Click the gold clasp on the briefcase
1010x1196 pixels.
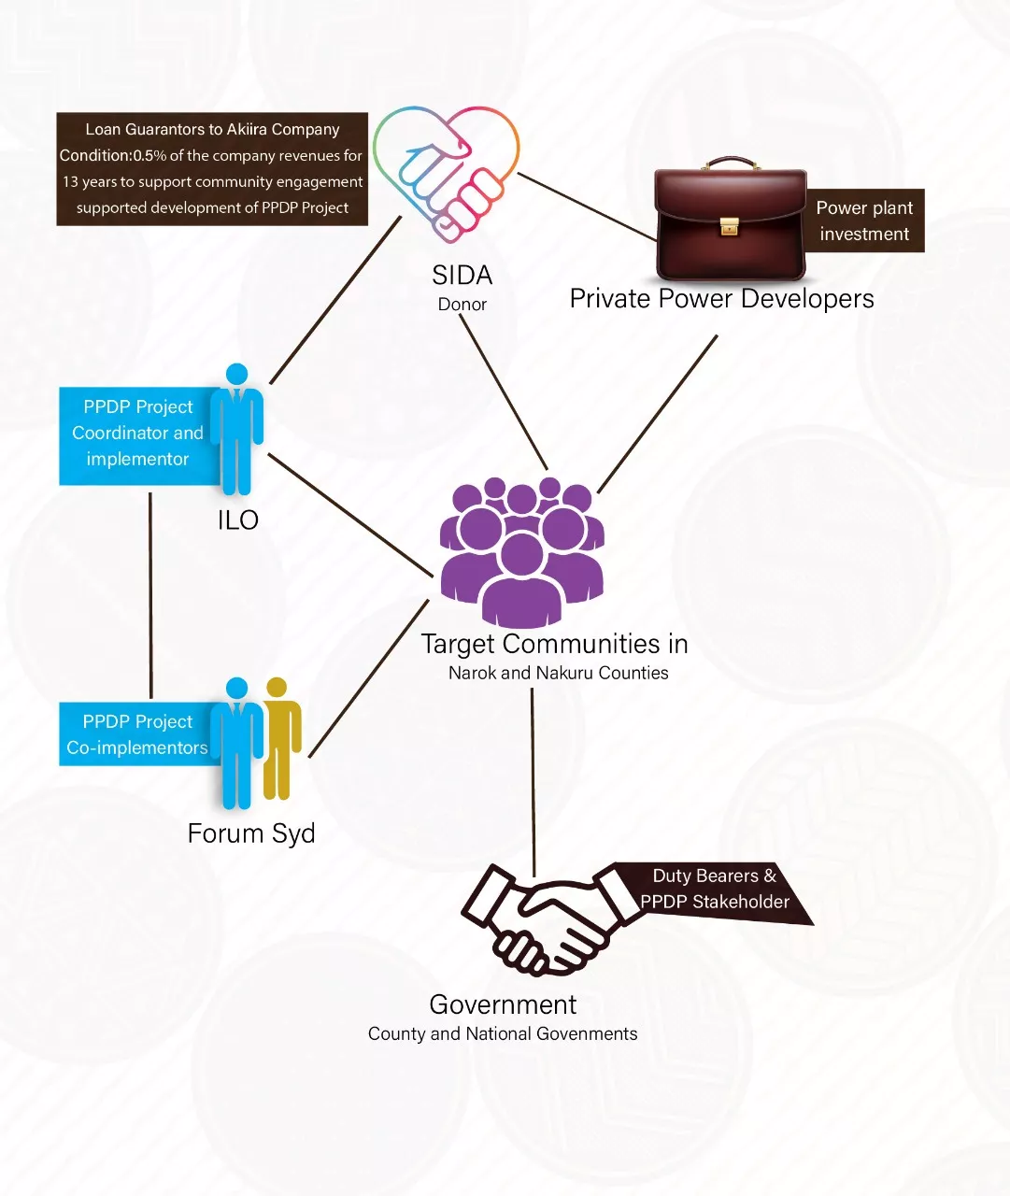pyautogui.click(x=729, y=226)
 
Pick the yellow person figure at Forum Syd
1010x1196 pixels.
pyautogui.click(x=280, y=738)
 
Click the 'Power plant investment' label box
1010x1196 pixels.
pyautogui.click(x=864, y=221)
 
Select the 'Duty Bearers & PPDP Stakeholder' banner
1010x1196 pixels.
pyautogui.click(x=715, y=890)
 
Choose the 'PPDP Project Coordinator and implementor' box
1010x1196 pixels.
pyautogui.click(x=137, y=434)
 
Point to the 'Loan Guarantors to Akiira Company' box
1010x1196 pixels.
pyautogui.click(x=212, y=169)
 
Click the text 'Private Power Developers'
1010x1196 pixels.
pyautogui.click(x=721, y=299)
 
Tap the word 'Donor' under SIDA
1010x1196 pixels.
pyautogui.click(x=462, y=305)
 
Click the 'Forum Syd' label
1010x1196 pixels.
pyautogui.click(x=251, y=833)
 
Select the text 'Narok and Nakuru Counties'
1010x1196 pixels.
pyautogui.click(x=558, y=673)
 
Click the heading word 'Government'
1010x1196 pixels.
pyautogui.click(x=503, y=1004)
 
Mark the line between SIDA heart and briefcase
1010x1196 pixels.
pyautogui.click(x=587, y=206)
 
